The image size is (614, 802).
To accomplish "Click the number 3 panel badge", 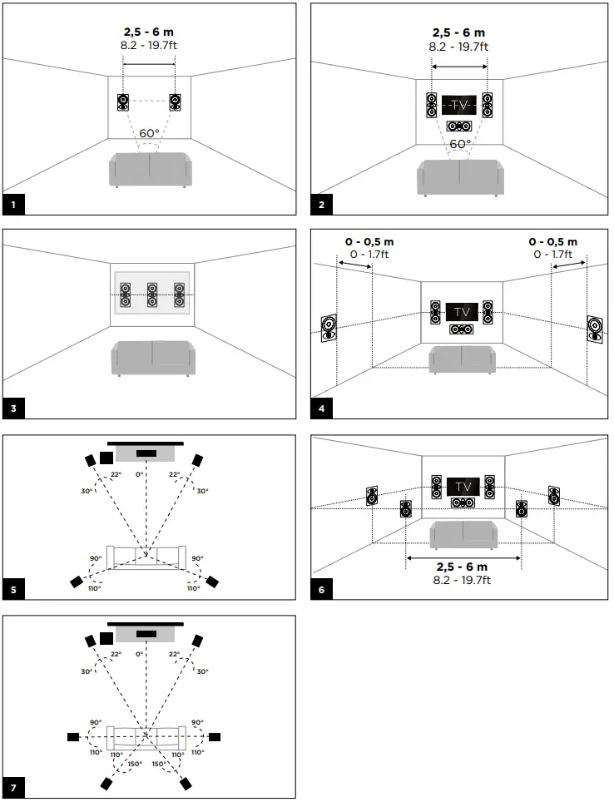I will pyautogui.click(x=12, y=408).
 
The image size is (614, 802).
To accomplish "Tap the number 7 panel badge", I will pyautogui.click(x=12, y=788).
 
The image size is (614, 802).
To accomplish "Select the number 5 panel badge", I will pyautogui.click(x=12, y=590).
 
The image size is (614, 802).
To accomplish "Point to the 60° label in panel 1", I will pyautogui.click(x=149, y=134).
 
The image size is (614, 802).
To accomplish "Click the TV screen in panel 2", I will pyautogui.click(x=459, y=105).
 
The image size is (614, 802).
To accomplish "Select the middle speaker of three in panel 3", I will pyautogui.click(x=152, y=295).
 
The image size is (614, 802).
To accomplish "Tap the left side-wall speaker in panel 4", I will pyautogui.click(x=328, y=329).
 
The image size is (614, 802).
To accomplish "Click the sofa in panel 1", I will pyautogui.click(x=150, y=170).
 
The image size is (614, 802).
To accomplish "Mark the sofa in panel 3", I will pyautogui.click(x=153, y=358).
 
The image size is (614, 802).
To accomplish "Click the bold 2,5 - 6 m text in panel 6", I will pyautogui.click(x=463, y=567).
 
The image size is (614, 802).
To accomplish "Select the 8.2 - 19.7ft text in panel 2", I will pyautogui.click(x=459, y=47).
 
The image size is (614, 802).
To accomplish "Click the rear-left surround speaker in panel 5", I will pyautogui.click(x=77, y=581).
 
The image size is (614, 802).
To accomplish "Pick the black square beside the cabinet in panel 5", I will pyautogui.click(x=106, y=457).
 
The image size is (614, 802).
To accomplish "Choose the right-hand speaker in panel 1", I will pyautogui.click(x=175, y=102).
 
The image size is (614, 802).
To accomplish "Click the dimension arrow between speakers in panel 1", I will pyautogui.click(x=150, y=60).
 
